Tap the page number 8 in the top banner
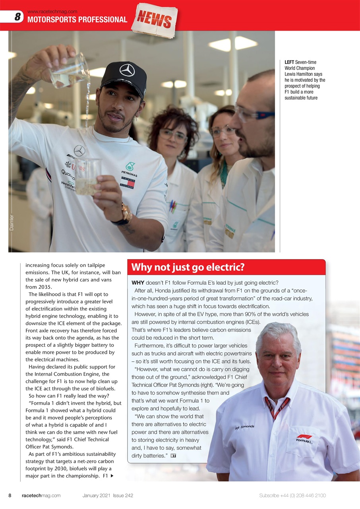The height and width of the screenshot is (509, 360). click(17, 17)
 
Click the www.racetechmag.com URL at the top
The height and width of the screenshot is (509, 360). click(52, 12)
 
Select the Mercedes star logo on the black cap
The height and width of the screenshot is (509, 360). click(127, 71)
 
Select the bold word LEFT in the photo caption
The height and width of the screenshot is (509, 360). click(289, 62)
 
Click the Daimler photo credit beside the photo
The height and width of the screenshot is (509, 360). click(12, 223)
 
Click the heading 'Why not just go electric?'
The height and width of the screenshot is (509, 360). click(188, 267)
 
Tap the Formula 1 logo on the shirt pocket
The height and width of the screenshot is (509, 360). click(304, 439)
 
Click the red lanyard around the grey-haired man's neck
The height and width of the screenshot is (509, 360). click(275, 408)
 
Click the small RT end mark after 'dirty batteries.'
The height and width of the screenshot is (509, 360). click(173, 455)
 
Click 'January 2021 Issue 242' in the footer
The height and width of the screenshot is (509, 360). click(108, 495)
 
